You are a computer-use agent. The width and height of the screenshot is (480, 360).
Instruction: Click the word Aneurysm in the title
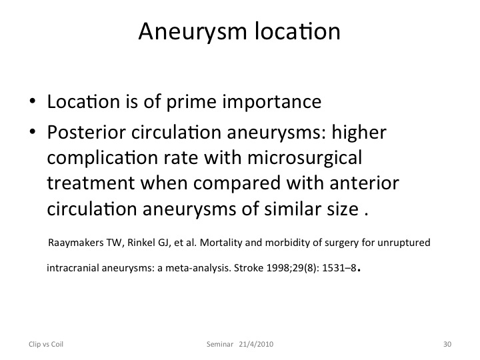(x=193, y=32)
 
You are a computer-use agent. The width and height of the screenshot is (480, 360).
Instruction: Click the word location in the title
(x=297, y=31)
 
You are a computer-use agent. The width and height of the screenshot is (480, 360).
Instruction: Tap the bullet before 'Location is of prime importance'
(x=33, y=101)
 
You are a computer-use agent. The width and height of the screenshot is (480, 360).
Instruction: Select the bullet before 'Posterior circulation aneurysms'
(x=33, y=132)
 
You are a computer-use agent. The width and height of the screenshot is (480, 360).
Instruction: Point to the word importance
(x=272, y=103)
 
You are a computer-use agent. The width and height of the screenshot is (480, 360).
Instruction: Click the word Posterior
(x=86, y=133)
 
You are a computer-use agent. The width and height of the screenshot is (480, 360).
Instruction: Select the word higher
(x=359, y=133)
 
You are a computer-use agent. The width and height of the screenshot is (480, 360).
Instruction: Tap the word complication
(x=102, y=159)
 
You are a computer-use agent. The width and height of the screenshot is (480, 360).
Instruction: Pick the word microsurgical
(x=305, y=159)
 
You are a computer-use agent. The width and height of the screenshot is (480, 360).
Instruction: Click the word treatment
(x=91, y=183)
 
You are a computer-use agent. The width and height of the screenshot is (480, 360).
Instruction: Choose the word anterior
(x=364, y=183)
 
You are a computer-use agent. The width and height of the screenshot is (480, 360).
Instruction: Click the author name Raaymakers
(x=76, y=243)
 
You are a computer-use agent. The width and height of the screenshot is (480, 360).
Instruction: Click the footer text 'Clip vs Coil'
(x=46, y=344)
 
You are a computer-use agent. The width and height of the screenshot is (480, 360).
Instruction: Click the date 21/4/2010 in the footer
(x=256, y=344)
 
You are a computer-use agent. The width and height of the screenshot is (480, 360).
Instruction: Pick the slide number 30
(x=447, y=344)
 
